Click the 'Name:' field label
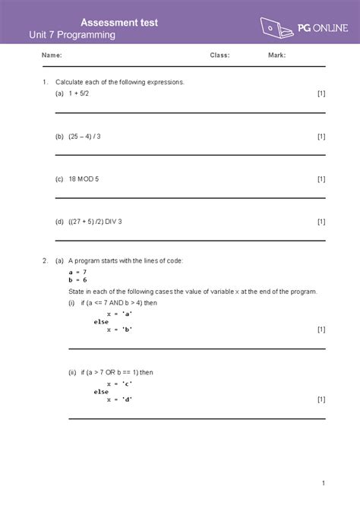pyautogui.click(x=52, y=55)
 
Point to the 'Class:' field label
pyautogui.click(x=219, y=55)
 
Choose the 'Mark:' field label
pyautogui.click(x=276, y=55)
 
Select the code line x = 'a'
pyautogui.click(x=120, y=313)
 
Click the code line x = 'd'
pyautogui.click(x=120, y=399)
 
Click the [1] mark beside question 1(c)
pyautogui.click(x=321, y=179)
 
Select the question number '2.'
pyautogui.click(x=46, y=260)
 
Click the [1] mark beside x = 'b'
pyautogui.click(x=321, y=330)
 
